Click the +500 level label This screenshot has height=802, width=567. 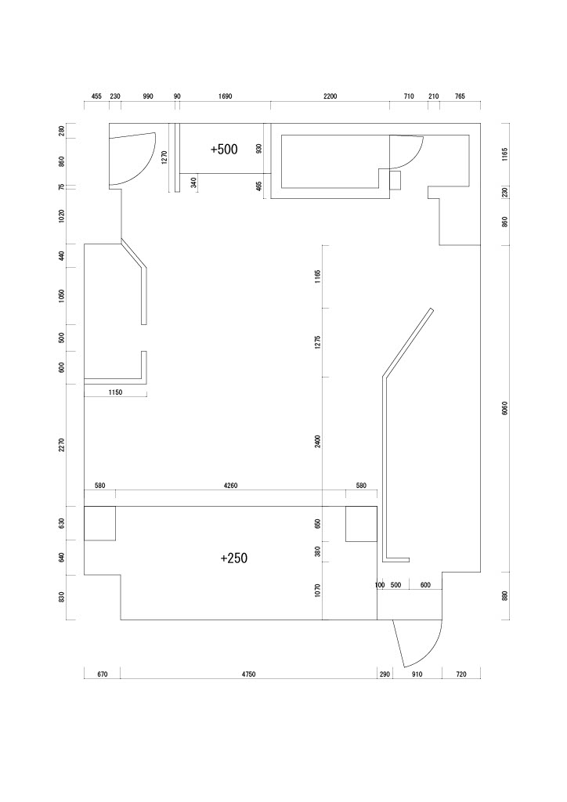[x=224, y=150]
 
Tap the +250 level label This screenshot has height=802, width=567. [x=233, y=558]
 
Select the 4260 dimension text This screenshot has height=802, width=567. [x=230, y=486]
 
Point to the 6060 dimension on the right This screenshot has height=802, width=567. [x=504, y=407]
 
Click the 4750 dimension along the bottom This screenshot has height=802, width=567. [x=248, y=674]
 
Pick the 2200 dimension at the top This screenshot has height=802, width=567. [x=330, y=96]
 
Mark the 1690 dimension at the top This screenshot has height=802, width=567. [x=225, y=96]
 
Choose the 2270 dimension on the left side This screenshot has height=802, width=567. [x=62, y=445]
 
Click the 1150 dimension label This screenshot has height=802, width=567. [x=116, y=392]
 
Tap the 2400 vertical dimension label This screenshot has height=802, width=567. [x=317, y=442]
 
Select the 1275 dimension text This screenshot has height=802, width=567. [x=317, y=342]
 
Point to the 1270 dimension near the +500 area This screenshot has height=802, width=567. [x=164, y=157]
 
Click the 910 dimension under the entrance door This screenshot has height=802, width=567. [x=417, y=674]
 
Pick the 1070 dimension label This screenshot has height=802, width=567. [x=317, y=591]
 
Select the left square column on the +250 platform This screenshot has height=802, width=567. [x=99, y=523]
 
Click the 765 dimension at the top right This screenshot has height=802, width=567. [x=460, y=96]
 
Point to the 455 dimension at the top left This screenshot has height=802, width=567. [x=96, y=96]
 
